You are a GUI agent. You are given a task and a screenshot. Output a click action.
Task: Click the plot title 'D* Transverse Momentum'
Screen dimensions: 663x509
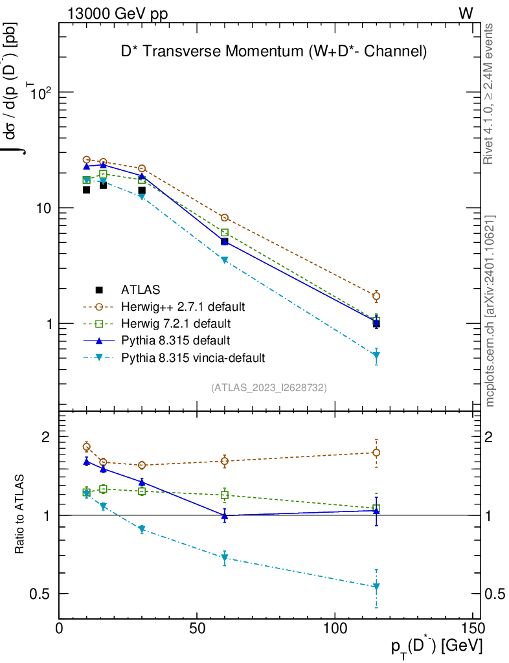(x=274, y=52)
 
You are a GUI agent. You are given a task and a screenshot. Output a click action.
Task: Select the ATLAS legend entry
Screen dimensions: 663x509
(x=141, y=289)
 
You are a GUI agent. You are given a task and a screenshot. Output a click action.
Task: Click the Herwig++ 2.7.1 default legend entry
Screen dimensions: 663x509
(x=183, y=306)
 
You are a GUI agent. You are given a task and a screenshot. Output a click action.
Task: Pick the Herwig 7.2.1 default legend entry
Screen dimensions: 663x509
(x=176, y=323)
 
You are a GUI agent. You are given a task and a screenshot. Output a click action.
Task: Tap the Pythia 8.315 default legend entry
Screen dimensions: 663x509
(x=176, y=340)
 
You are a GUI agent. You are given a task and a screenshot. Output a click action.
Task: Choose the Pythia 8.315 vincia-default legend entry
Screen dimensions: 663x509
(x=193, y=357)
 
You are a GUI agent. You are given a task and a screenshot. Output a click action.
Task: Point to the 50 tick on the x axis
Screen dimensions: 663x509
(x=197, y=629)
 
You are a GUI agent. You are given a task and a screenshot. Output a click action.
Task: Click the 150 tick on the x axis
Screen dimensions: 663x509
(x=473, y=629)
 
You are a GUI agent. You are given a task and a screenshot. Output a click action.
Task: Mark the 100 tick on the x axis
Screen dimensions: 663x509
(x=335, y=629)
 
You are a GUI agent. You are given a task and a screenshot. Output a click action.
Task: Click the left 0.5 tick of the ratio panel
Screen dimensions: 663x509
(x=45, y=594)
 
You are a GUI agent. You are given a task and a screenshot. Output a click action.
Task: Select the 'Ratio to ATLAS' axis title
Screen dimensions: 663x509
(x=20, y=515)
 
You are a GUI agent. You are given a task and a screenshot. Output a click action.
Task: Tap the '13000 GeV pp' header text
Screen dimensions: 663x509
(x=117, y=13)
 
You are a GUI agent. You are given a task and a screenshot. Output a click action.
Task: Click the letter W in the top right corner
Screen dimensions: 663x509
(x=466, y=13)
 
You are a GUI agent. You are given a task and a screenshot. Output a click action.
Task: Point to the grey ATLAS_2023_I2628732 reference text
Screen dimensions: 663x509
(x=269, y=388)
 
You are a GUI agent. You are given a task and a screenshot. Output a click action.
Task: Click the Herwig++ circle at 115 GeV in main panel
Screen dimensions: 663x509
(x=376, y=297)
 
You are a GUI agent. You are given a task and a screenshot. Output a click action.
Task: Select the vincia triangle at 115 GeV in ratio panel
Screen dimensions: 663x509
(x=376, y=587)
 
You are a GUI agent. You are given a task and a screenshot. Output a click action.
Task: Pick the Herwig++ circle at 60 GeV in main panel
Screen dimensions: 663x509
(x=225, y=218)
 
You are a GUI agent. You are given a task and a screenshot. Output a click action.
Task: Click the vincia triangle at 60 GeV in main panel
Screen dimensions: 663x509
(x=225, y=260)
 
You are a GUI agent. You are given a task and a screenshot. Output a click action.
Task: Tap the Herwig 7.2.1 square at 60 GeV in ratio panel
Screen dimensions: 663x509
(x=225, y=495)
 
